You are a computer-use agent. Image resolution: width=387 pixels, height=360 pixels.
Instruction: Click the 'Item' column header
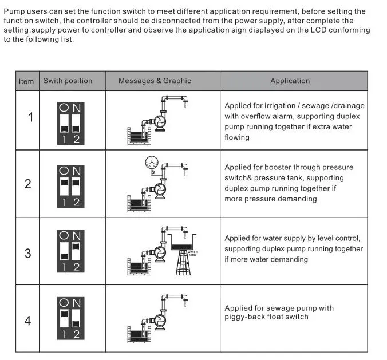click(26, 81)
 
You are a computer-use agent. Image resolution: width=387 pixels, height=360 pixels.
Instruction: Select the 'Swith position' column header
click(68, 81)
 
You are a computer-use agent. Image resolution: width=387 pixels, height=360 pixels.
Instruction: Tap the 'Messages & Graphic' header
click(155, 81)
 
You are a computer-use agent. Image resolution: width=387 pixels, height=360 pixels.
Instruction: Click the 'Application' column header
click(290, 81)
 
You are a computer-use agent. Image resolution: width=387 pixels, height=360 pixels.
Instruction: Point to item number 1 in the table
click(30, 117)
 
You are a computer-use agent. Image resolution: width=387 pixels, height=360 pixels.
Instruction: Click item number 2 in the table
click(28, 184)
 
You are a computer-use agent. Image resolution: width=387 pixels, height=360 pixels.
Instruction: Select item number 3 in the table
click(28, 252)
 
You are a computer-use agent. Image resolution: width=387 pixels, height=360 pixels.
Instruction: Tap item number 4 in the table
click(28, 321)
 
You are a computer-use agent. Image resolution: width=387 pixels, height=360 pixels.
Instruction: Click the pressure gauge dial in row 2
click(152, 161)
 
